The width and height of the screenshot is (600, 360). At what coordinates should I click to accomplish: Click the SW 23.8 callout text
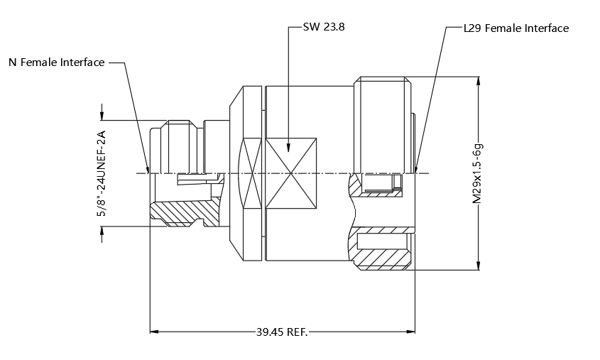tap(324, 27)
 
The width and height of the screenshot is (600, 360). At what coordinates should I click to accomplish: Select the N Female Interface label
tap(57, 62)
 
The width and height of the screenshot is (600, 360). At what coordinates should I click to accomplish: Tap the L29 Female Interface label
tap(516, 28)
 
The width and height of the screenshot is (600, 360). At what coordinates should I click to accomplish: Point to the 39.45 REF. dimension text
tap(282, 332)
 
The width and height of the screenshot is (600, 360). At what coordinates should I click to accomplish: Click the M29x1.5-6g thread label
tap(478, 173)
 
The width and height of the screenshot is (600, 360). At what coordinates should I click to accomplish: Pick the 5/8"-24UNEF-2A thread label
tap(101, 174)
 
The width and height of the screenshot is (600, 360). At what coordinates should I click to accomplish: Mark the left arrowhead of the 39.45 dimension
tap(154, 332)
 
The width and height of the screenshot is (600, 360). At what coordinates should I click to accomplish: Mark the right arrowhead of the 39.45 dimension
tap(410, 332)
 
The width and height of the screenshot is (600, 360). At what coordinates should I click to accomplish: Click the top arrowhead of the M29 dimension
tap(478, 81)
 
